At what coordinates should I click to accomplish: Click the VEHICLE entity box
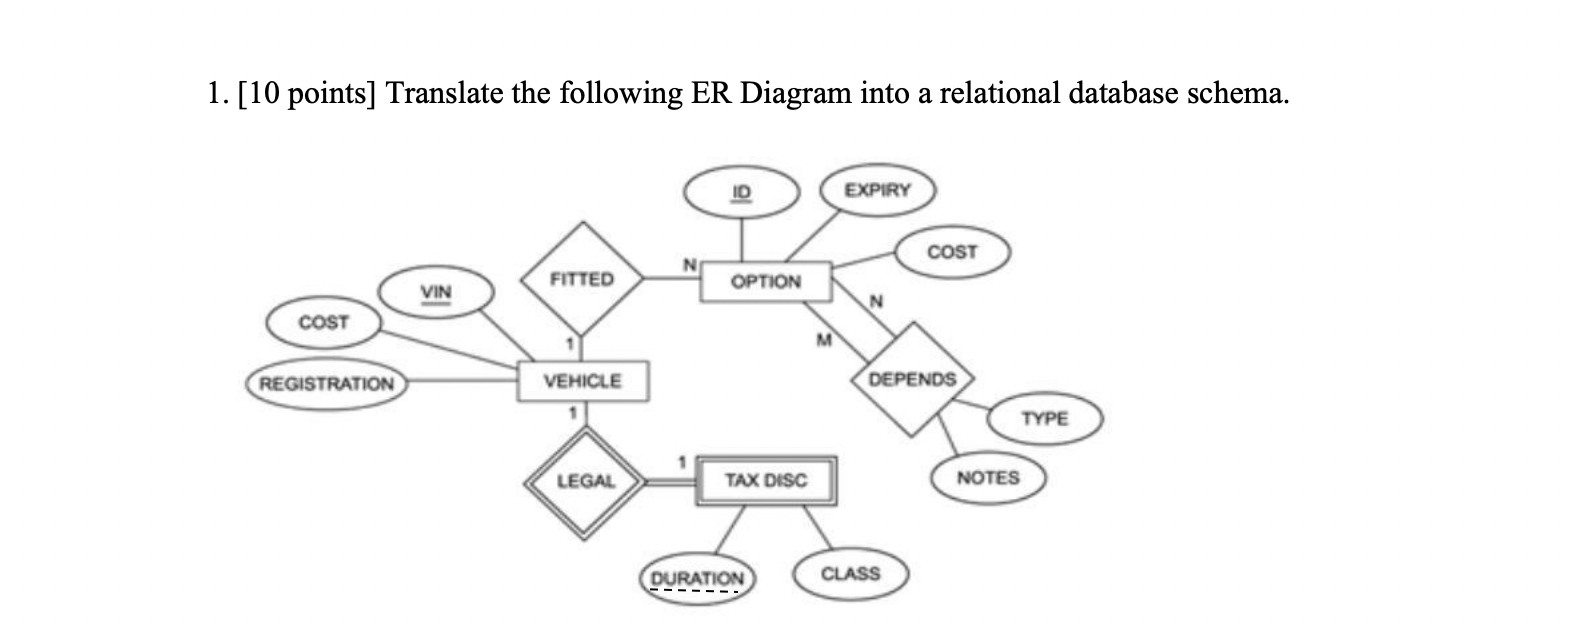pyautogui.click(x=582, y=381)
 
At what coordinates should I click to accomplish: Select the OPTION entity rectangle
pyautogui.click(x=765, y=282)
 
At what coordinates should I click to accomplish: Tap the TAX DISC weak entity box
pyautogui.click(x=765, y=481)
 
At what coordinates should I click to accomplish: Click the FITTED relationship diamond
pyautogui.click(x=581, y=279)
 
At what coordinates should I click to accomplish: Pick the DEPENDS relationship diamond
pyautogui.click(x=911, y=379)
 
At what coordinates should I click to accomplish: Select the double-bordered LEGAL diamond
pyautogui.click(x=585, y=481)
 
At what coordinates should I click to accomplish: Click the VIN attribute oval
pyautogui.click(x=436, y=292)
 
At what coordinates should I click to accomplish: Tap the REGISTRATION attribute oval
pyautogui.click(x=326, y=384)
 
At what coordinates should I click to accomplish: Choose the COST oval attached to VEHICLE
pyautogui.click(x=323, y=322)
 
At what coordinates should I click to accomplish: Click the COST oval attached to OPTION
pyautogui.click(x=952, y=252)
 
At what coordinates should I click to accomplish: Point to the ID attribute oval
pyautogui.click(x=741, y=191)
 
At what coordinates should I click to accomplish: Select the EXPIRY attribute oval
pyautogui.click(x=877, y=190)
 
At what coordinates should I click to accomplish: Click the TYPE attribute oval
pyautogui.click(x=1044, y=418)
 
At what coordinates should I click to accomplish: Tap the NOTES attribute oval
pyautogui.click(x=987, y=478)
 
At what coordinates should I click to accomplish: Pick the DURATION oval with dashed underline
pyautogui.click(x=697, y=578)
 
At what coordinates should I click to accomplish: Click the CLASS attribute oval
pyautogui.click(x=850, y=574)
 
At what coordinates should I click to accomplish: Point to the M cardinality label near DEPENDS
pyautogui.click(x=824, y=341)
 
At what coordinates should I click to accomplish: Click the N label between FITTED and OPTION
pyautogui.click(x=688, y=265)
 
